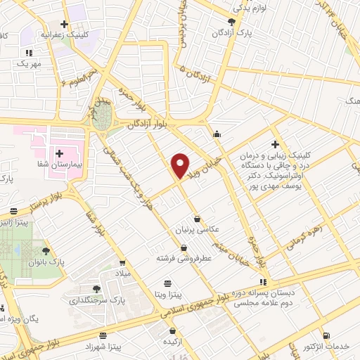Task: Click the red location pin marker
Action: pos(181,165)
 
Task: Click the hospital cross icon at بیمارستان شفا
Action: pos(59,153)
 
